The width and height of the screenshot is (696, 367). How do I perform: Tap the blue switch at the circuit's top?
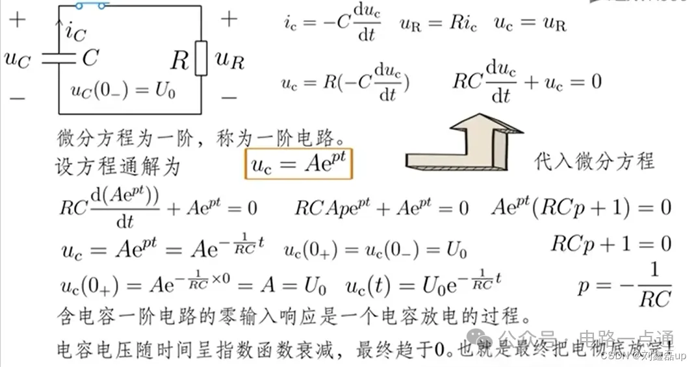(91, 6)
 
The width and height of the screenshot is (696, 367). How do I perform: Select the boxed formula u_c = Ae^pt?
(300, 164)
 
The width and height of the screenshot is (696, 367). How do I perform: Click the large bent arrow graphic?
(465, 147)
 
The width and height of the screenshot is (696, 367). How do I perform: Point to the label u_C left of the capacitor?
(17, 59)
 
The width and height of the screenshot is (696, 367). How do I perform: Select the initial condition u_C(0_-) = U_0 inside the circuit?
(123, 90)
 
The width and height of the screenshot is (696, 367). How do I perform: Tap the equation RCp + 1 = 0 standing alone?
(611, 244)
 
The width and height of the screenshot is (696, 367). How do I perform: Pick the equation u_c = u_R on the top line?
(530, 25)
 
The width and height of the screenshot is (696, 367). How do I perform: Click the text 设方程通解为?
(117, 167)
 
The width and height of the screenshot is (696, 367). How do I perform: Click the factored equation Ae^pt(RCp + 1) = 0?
(581, 208)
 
